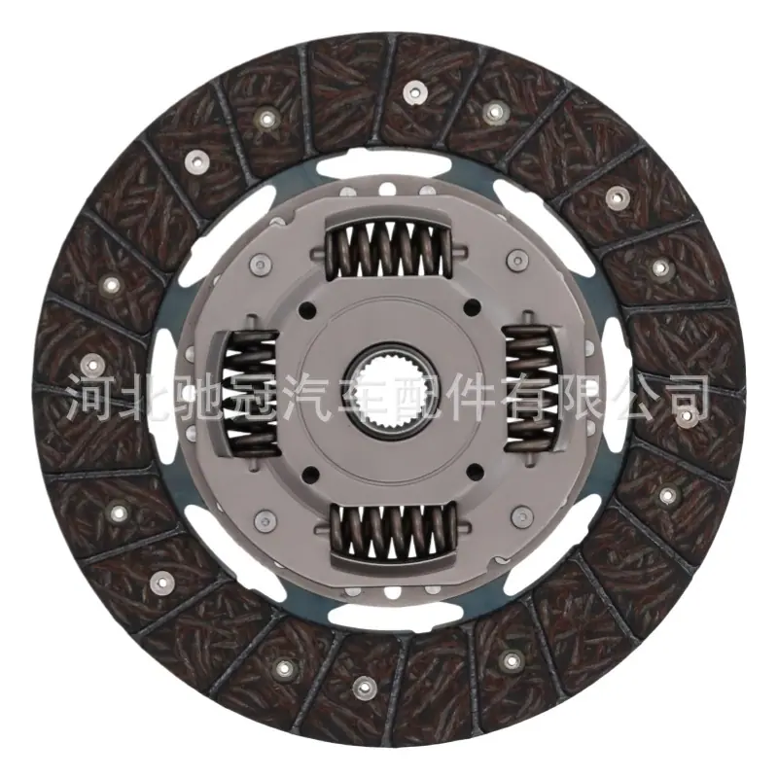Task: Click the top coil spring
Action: click(x=389, y=248)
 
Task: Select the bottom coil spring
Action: click(x=394, y=529)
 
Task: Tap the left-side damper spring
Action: click(x=253, y=393)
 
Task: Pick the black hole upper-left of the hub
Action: click(x=308, y=309)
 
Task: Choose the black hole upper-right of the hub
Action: click(x=473, y=306)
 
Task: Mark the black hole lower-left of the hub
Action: click(x=311, y=474)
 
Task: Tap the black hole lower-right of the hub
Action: click(x=476, y=471)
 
